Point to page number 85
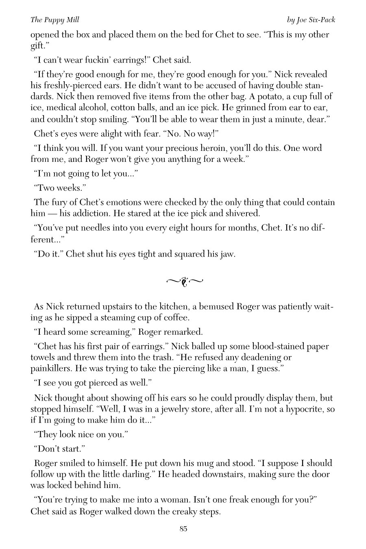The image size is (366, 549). coord(183,529)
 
